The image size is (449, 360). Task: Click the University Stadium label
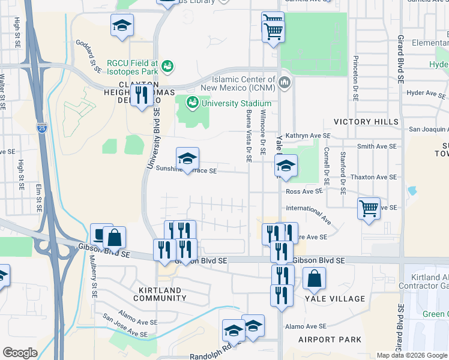(237, 103)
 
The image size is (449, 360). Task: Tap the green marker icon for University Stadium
(193, 103)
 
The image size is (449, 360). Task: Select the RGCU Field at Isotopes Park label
(132, 67)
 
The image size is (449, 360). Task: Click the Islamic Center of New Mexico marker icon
(285, 82)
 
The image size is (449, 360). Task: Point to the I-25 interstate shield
(41, 128)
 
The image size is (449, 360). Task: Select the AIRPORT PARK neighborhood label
(330, 340)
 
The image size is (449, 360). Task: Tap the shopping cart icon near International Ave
(369, 209)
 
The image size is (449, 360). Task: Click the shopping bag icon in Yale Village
(315, 278)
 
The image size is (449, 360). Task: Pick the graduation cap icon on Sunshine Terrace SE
(187, 159)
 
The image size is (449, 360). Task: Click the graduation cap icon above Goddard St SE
(122, 25)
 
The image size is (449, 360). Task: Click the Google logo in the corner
(20, 353)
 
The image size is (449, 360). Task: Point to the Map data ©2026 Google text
(411, 355)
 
